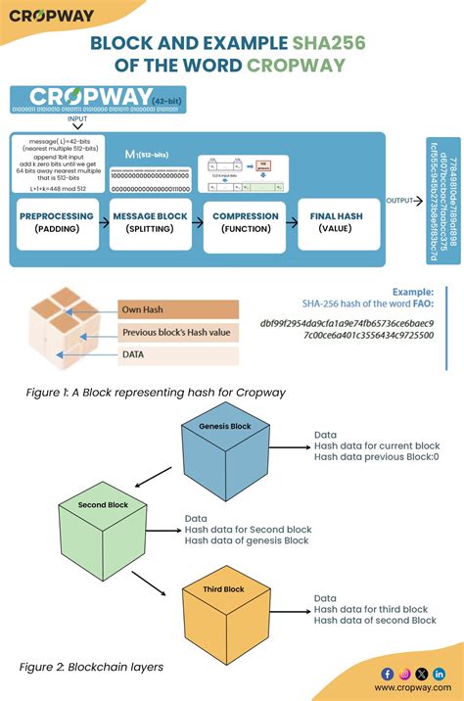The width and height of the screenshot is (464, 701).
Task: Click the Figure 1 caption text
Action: [156, 393]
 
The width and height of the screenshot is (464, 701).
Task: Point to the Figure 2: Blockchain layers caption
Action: [91, 667]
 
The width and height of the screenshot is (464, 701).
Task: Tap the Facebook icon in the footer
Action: [387, 674]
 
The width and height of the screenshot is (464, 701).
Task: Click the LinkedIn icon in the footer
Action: [439, 674]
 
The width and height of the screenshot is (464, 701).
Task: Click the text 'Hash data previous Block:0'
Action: [376, 456]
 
